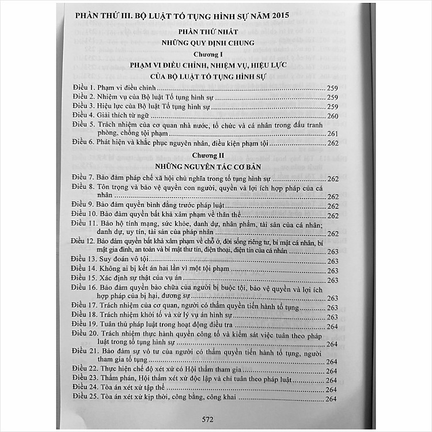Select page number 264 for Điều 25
(x=331, y=399)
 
